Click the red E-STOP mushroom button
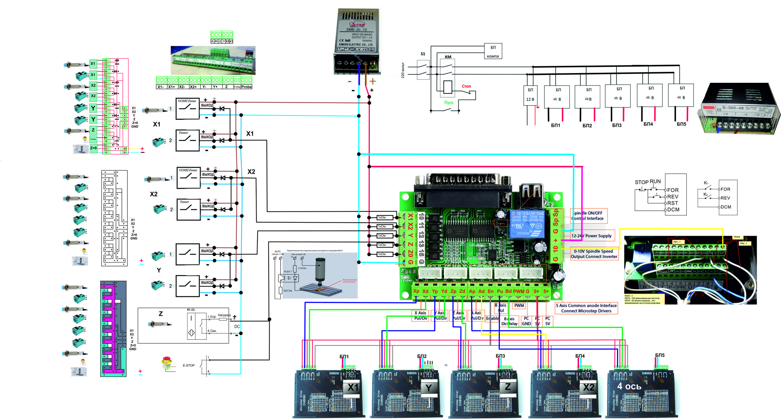[167, 362]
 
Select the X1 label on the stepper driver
[353, 388]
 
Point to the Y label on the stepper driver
[429, 388]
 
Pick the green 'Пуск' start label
[449, 103]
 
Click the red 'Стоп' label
[466, 86]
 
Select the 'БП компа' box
[493, 52]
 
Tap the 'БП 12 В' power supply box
[530, 95]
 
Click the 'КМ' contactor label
[448, 57]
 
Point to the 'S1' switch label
[423, 54]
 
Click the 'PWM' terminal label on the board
[519, 291]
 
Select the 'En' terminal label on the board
[491, 291]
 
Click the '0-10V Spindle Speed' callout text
[594, 251]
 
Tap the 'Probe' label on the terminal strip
[246, 87]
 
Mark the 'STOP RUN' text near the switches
[648, 182]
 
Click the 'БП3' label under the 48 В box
[617, 125]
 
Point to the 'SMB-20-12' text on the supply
[356, 30]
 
